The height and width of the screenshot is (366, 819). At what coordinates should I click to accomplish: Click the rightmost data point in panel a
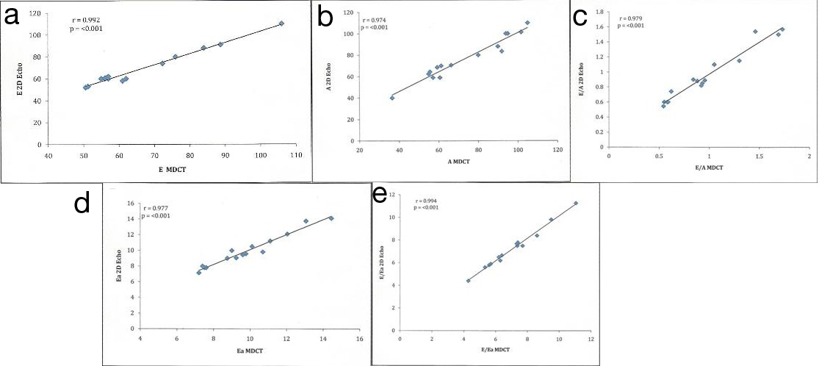pyautogui.click(x=281, y=24)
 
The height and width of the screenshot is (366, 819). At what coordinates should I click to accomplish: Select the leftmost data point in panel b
pyautogui.click(x=392, y=98)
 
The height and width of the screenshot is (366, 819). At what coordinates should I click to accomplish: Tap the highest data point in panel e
pyautogui.click(x=576, y=203)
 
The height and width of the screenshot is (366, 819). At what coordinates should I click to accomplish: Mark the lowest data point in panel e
pyautogui.click(x=469, y=280)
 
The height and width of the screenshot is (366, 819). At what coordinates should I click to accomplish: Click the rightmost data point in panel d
pyautogui.click(x=331, y=218)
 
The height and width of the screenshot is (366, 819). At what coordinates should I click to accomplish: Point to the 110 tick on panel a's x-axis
pyautogui.click(x=297, y=156)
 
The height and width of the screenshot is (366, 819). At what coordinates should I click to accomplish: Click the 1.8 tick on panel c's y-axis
pyautogui.click(x=600, y=12)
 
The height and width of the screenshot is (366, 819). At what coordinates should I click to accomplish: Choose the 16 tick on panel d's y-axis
pyautogui.click(x=130, y=204)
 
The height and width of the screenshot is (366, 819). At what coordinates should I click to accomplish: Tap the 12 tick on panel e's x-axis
pyautogui.click(x=591, y=341)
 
